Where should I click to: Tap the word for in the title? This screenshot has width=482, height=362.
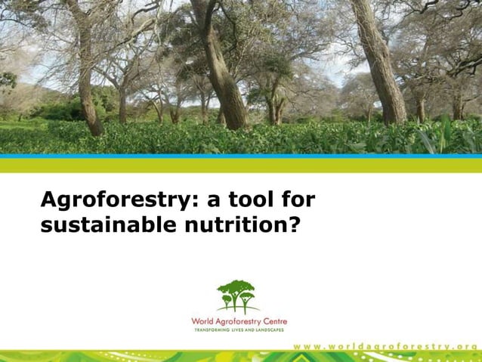298,200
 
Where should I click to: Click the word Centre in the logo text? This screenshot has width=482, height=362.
272,322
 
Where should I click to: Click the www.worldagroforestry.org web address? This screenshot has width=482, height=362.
385,345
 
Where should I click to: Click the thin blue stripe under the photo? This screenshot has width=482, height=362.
241,156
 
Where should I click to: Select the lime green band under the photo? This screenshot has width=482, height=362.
241,165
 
